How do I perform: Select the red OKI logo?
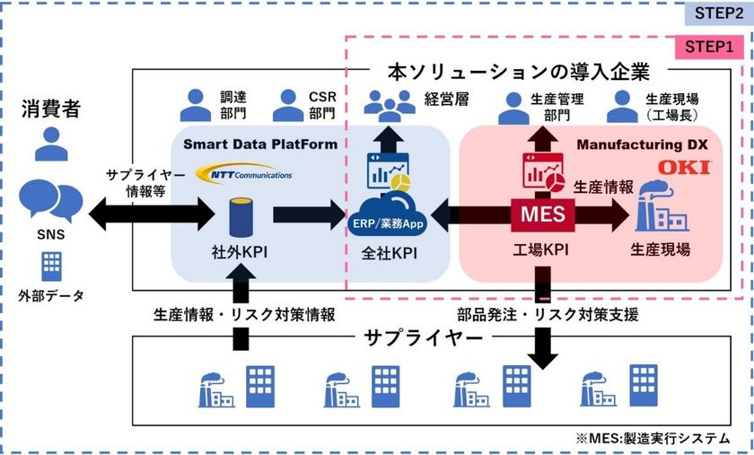click(684, 168)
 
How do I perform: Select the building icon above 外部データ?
click(51, 264)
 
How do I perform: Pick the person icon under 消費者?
click(50, 144)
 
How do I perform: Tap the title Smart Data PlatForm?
click(260, 144)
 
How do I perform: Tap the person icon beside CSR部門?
click(289, 105)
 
